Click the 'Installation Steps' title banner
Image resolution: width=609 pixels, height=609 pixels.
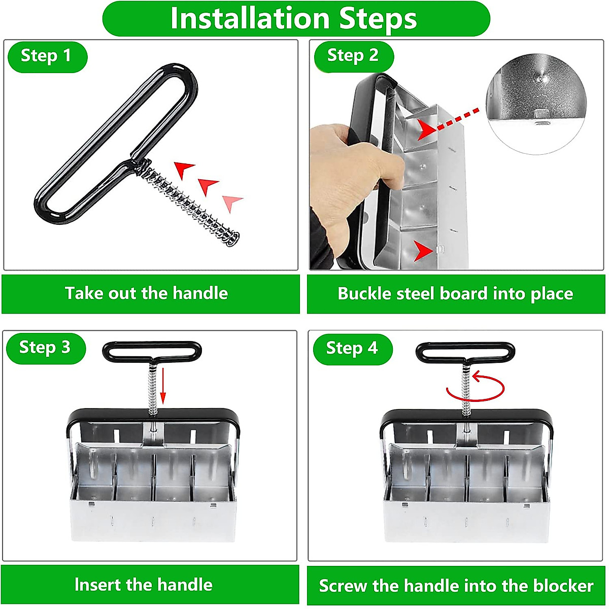(x=296, y=19)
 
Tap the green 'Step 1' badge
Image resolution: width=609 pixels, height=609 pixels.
(x=47, y=57)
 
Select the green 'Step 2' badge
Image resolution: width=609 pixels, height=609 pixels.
(x=354, y=56)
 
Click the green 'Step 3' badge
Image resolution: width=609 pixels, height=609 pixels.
(x=46, y=348)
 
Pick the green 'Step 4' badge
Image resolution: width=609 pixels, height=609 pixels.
(x=353, y=349)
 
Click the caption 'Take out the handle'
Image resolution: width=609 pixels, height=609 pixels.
(x=146, y=293)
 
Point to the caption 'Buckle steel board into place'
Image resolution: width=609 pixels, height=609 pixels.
(x=455, y=294)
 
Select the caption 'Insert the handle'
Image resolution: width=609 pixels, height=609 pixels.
(x=144, y=584)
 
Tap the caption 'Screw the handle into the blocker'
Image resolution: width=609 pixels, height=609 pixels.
(x=456, y=586)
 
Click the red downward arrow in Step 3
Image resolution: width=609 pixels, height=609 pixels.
(x=163, y=386)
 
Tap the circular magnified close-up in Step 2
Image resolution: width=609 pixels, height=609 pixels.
(x=536, y=104)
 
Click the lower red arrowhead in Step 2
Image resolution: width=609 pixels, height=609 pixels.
(x=423, y=251)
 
